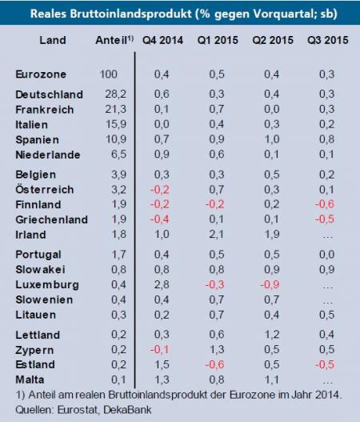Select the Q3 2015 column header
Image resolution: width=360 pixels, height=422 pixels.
[x=326, y=39]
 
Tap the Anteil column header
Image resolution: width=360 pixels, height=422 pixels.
[x=111, y=39]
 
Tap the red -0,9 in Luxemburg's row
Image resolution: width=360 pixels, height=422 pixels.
[x=270, y=284]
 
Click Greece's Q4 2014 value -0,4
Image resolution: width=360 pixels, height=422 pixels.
[x=162, y=218]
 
